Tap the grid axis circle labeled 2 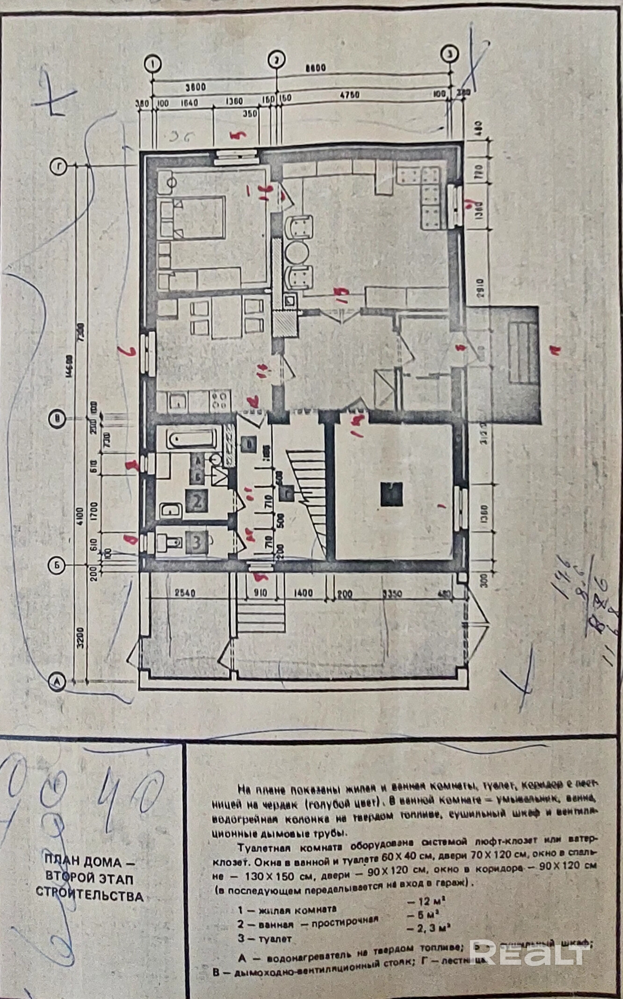click(276, 59)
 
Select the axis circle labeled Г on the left click(58, 166)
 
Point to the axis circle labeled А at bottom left click(57, 681)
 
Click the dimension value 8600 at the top click(314, 68)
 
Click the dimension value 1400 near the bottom click(304, 594)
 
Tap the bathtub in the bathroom click(192, 439)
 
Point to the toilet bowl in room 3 click(171, 543)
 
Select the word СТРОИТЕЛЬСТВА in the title click(90, 897)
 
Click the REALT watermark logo click(528, 951)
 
